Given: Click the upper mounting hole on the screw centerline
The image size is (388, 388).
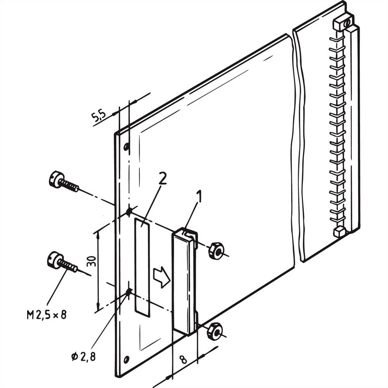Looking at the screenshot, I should pos(129,211).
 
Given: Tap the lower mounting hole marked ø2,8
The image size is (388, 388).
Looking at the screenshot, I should pos(128,291).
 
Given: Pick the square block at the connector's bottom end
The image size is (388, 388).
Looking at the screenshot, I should pos(338,232).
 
